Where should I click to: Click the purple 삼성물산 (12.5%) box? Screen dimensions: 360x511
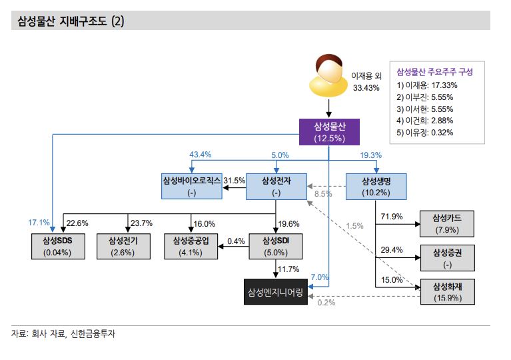(x=328, y=132)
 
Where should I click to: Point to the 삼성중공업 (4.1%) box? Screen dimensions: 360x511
(x=192, y=246)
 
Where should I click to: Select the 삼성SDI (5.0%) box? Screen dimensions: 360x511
(x=276, y=246)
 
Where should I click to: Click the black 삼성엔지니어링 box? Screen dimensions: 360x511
(x=276, y=292)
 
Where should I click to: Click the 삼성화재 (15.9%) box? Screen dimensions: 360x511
(x=446, y=292)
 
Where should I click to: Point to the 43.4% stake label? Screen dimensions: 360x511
(x=201, y=155)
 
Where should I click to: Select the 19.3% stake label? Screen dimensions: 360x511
(x=371, y=155)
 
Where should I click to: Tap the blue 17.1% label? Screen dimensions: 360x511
(x=39, y=222)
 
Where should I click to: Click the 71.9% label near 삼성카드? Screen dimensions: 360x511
(x=391, y=217)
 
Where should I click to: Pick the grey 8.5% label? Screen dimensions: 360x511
(x=323, y=195)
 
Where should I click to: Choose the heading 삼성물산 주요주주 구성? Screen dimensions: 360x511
(x=434, y=71)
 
